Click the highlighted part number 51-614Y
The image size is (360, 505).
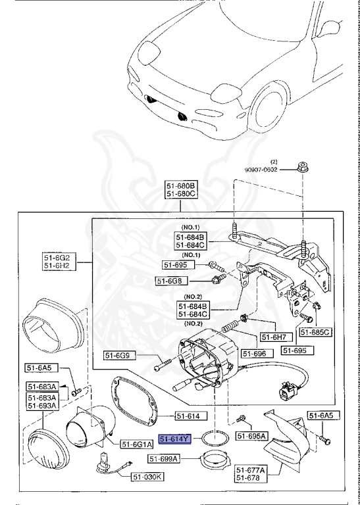[174, 439]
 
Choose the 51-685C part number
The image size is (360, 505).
[315, 332]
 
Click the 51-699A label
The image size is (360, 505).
[164, 459]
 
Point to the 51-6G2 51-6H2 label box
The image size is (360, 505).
[58, 261]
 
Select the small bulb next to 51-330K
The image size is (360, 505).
[105, 462]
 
